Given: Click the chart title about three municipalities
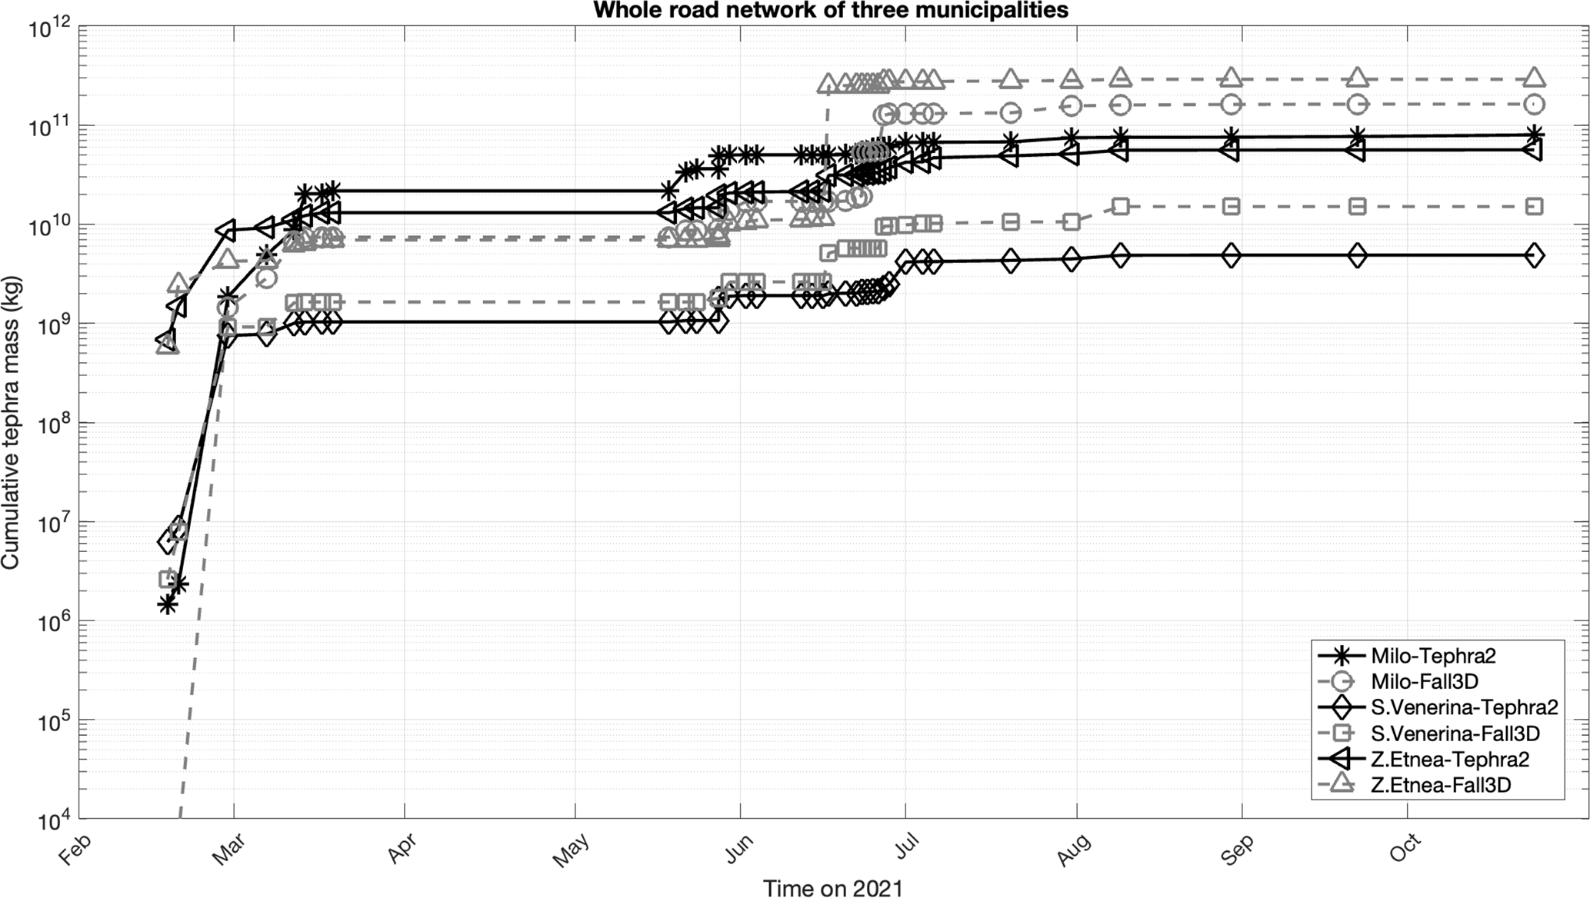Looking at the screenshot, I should [831, 10].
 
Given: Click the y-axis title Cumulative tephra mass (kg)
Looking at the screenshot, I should [10, 422].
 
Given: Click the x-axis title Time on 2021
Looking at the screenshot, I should [832, 888].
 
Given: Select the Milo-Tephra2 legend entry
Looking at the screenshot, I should [1433, 656].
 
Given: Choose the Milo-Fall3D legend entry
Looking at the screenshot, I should [1424, 681].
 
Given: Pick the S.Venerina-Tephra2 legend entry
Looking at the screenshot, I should [1464, 707].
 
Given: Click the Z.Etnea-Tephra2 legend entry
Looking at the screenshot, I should [1449, 760].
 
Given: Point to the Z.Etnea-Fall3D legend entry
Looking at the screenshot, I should [1440, 785].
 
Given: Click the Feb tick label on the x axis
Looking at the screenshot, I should [75, 850].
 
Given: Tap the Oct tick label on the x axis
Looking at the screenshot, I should [1405, 849].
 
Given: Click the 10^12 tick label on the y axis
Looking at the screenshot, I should [49, 30].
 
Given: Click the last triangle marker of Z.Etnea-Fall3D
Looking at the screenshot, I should [1534, 78].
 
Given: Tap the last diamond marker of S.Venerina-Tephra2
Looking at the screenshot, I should [1534, 255].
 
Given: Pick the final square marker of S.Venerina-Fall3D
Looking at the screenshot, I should [1534, 206].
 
